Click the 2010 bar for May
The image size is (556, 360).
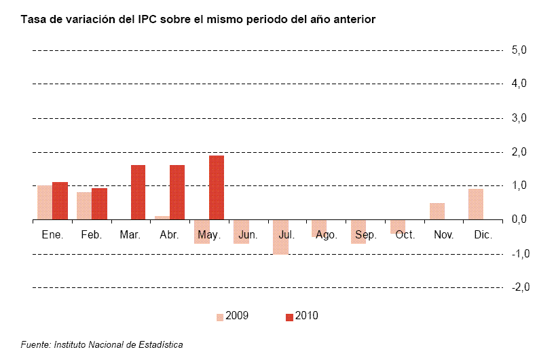coord(217,187)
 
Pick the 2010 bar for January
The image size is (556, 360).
coord(60,201)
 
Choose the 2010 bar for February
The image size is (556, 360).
coord(99,204)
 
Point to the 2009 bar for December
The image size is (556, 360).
coord(475,204)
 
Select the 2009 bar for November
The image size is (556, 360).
coord(437,211)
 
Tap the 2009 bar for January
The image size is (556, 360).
coord(44,202)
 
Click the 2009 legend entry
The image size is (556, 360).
coord(233,316)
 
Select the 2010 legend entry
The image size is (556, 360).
coord(301,316)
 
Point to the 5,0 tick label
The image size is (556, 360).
coord(519,50)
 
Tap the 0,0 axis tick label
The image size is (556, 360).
coord(519,219)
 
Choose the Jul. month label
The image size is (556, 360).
coord(286,235)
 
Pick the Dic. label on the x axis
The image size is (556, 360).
coord(483,235)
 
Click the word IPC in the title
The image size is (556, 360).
coord(163,19)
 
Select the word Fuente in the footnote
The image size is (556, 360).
coord(35,344)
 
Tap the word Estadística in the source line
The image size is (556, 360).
coord(158,344)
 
